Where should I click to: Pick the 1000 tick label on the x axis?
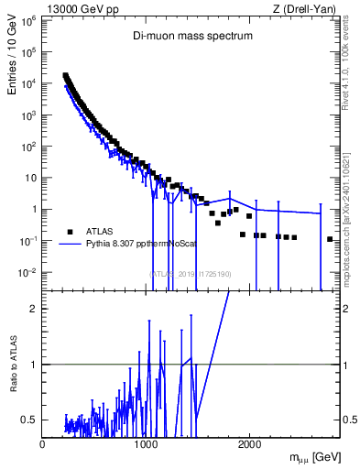pyautogui.click(x=147, y=444)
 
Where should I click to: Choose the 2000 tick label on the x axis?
pyautogui.click(x=250, y=444)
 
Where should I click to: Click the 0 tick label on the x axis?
pyautogui.click(x=43, y=444)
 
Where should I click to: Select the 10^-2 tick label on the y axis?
pyautogui.click(x=27, y=273)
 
